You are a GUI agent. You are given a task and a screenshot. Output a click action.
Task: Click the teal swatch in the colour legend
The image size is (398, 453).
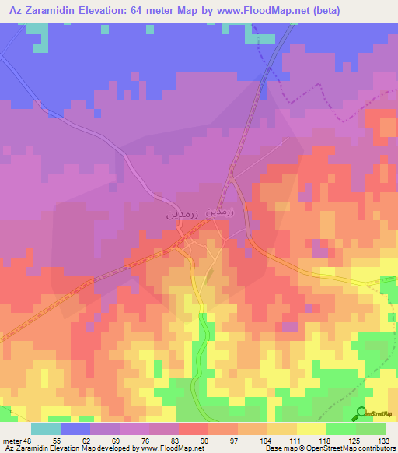(46, 429)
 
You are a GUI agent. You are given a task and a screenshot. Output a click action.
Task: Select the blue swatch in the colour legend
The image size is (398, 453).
(75, 429)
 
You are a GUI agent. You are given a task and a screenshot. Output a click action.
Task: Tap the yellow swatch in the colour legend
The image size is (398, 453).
(311, 429)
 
